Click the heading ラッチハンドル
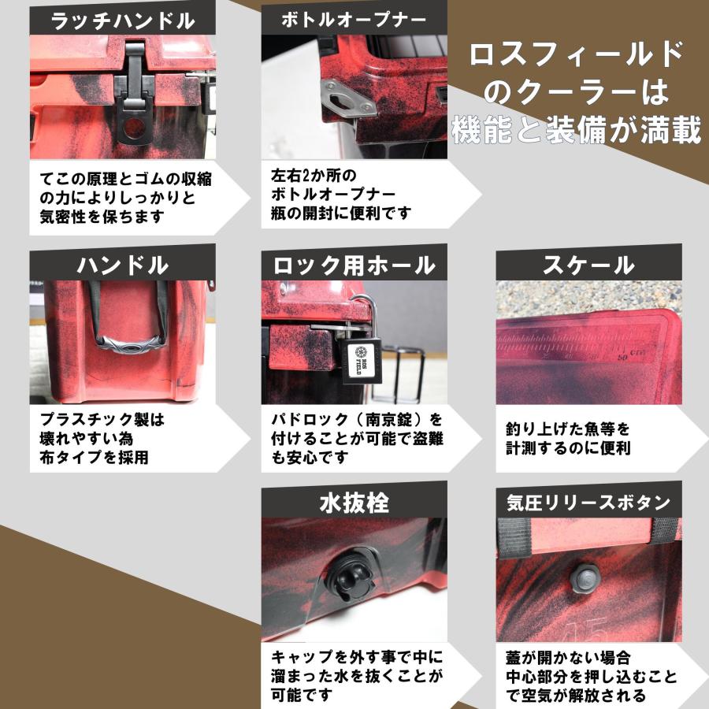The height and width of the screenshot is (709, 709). click(x=122, y=20)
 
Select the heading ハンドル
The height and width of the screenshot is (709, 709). click(x=122, y=265)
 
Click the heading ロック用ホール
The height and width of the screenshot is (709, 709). click(x=354, y=265)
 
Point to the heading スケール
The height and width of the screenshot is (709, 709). click(x=588, y=265)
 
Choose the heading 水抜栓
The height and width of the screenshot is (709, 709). click(x=354, y=502)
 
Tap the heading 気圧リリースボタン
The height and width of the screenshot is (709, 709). click(x=588, y=502)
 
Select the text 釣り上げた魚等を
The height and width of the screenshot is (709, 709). click(x=568, y=430)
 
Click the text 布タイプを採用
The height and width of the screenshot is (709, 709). click(x=94, y=457)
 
